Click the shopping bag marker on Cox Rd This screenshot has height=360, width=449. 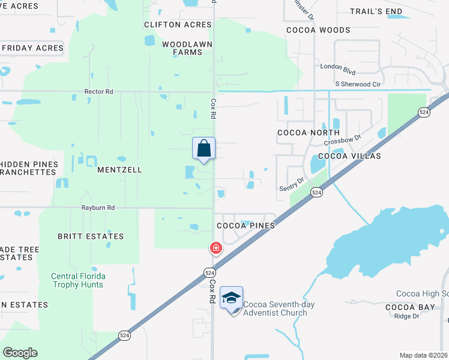click(x=203, y=148)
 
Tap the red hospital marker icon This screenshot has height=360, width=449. click(x=215, y=248)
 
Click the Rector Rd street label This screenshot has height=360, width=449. click(x=98, y=91)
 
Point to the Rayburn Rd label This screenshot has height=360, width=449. click(x=98, y=208)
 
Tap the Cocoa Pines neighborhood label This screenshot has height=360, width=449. click(x=246, y=226)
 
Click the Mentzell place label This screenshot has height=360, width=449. click(x=119, y=170)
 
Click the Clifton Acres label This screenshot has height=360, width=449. click(x=178, y=25)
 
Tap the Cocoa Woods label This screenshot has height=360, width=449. click(x=318, y=30)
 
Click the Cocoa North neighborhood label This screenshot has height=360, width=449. click(x=309, y=133)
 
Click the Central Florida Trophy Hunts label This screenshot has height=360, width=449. click(x=78, y=280)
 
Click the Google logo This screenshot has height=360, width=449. click(x=20, y=352)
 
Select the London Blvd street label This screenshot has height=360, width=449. click(x=334, y=67)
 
